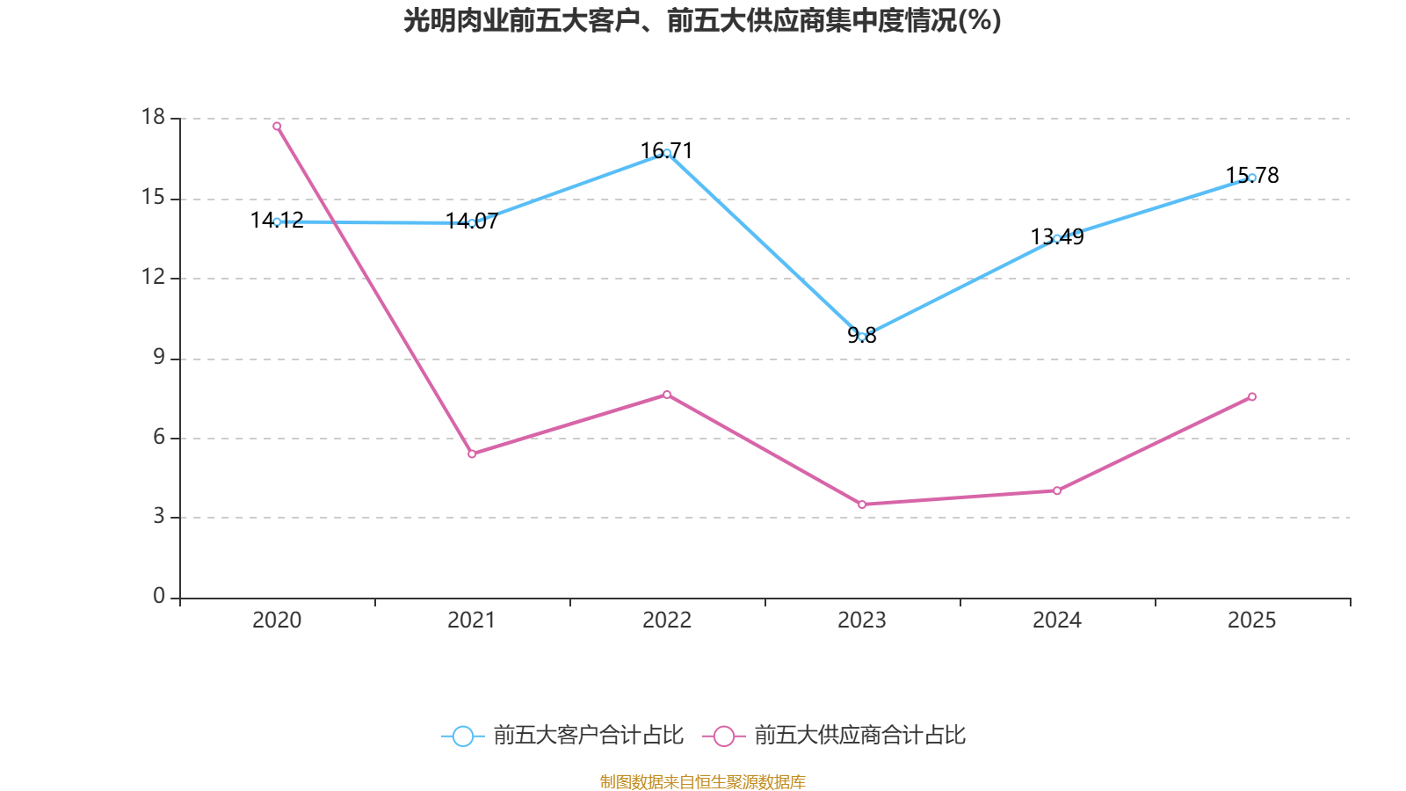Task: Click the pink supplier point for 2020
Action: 277,126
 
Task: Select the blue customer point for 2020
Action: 277,221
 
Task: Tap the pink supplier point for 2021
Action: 472,454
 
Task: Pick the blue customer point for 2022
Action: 667,153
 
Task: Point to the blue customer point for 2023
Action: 862,337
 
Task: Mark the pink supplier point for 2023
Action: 862,504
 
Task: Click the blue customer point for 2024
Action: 1057,238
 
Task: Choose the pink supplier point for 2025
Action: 1252,396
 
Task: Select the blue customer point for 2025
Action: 1252,178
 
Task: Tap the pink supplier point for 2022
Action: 667,395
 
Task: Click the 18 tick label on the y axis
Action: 153,117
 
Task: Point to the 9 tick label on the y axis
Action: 159,357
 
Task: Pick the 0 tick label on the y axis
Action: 159,597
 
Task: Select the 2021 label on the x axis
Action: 472,620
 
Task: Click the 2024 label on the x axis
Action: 1057,620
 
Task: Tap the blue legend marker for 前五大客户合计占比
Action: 462,736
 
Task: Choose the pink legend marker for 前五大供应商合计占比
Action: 723,736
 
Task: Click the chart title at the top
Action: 702,20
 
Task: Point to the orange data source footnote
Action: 702,781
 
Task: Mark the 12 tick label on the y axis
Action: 153,277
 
